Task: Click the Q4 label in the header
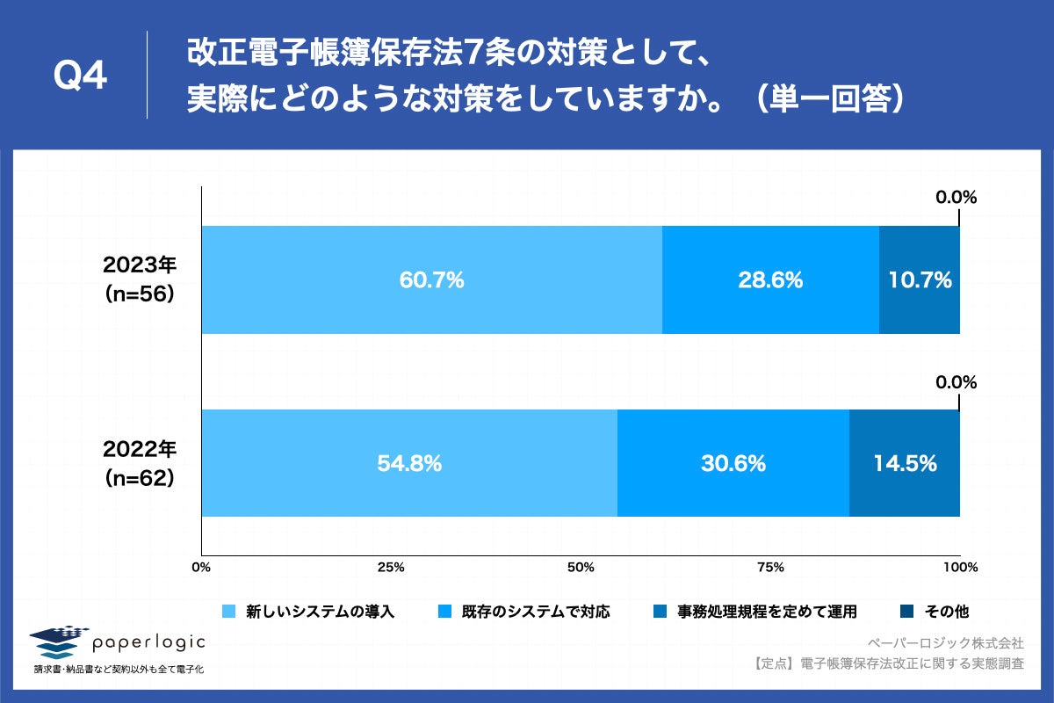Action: [81, 77]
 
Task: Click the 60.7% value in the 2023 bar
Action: [431, 280]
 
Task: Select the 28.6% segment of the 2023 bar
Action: [770, 280]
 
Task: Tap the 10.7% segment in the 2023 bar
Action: [919, 280]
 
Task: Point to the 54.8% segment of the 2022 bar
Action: [408, 463]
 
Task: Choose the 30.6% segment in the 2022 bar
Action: [733, 463]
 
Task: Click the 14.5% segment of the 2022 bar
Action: [904, 463]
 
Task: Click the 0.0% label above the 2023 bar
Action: [956, 198]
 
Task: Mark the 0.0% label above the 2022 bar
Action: [956, 382]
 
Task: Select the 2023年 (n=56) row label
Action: [141, 280]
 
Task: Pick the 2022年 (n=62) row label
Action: [141, 463]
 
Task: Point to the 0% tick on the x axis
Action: [202, 568]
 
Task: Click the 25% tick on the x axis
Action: [391, 568]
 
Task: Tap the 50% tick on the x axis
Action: [581, 568]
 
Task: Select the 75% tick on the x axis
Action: [770, 568]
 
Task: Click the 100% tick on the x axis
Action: [959, 568]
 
